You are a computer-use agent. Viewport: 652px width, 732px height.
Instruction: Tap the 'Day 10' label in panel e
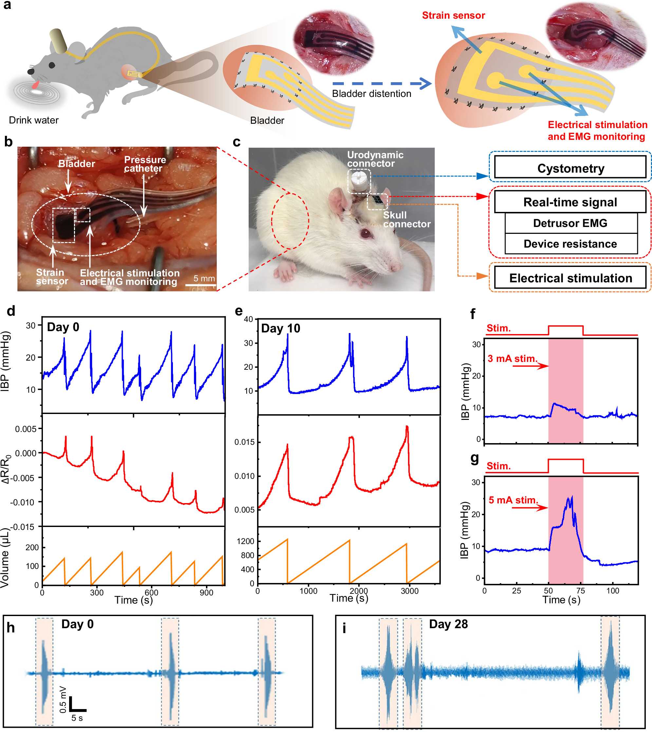click(x=281, y=328)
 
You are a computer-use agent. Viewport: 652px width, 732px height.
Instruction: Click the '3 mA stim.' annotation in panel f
click(x=512, y=359)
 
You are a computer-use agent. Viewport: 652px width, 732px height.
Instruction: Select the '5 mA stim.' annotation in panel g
click(x=513, y=500)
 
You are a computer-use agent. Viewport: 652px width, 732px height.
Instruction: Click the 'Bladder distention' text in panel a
click(x=371, y=94)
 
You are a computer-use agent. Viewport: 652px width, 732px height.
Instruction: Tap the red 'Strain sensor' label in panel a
click(x=453, y=15)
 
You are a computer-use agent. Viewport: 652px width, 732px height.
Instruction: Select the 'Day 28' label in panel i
click(x=448, y=624)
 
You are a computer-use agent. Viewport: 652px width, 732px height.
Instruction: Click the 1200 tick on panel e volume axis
click(x=245, y=541)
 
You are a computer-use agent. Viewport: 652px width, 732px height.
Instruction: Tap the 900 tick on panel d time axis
click(x=206, y=592)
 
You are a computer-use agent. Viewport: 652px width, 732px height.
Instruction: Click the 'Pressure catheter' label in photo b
click(x=145, y=164)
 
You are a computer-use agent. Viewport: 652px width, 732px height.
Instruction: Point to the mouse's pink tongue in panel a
click(x=35, y=85)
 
